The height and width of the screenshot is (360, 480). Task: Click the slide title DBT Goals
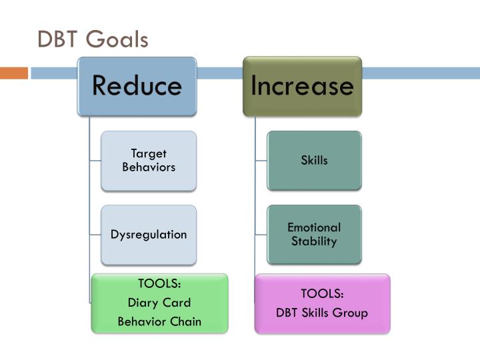[93, 39]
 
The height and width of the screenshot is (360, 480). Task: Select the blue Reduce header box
[136, 86]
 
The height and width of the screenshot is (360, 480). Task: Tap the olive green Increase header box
[302, 86]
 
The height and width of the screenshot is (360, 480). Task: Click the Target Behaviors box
[149, 161]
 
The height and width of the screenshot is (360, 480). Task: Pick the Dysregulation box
[149, 235]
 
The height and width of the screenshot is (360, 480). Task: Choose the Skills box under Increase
[314, 161]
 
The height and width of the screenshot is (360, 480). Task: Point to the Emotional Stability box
[314, 235]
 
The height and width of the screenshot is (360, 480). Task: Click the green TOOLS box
[159, 303]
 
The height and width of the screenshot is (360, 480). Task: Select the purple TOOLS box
[322, 303]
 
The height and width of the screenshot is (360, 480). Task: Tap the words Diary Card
[159, 303]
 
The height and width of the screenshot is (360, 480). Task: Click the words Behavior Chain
[159, 322]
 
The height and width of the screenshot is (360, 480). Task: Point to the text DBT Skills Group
[322, 313]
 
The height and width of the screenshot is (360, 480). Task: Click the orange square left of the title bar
[13, 73]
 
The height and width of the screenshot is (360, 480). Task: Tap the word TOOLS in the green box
[159, 285]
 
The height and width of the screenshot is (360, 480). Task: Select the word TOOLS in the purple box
[322, 294]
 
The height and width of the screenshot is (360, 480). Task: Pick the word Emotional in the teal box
[314, 228]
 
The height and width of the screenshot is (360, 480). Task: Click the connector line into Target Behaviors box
[95, 161]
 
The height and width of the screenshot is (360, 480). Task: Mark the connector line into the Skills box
[261, 161]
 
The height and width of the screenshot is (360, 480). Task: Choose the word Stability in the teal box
[314, 241]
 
